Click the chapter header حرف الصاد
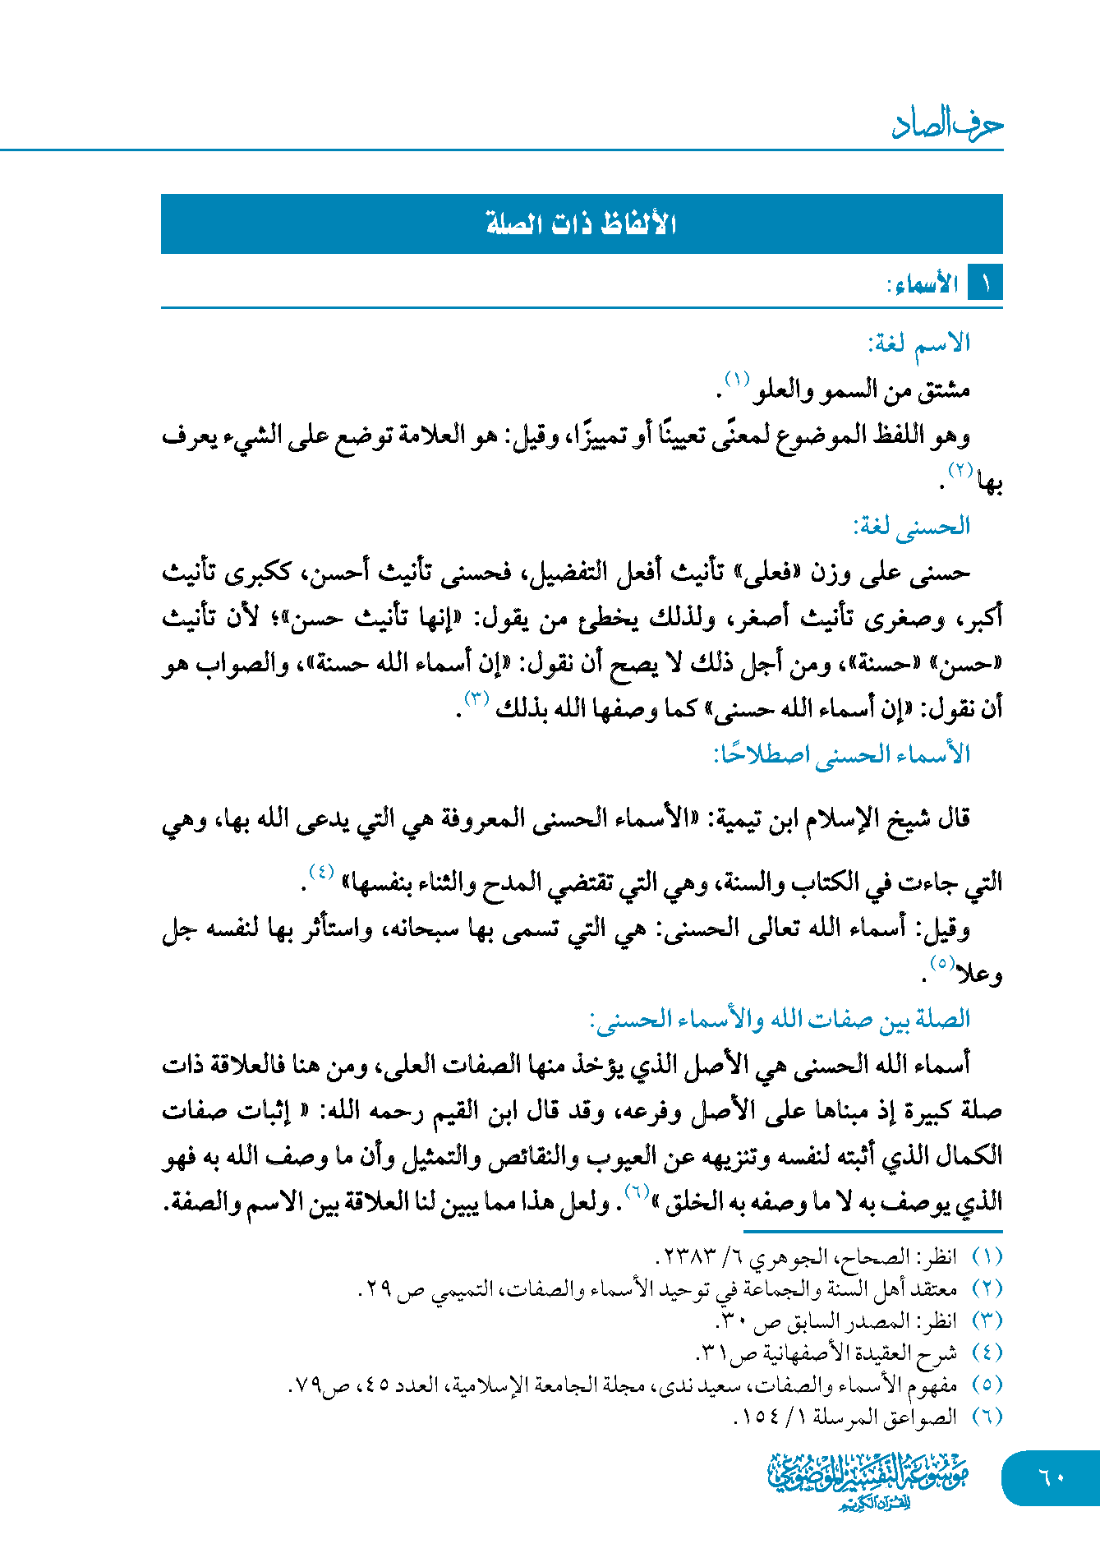click(947, 124)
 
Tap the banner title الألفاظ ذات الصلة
click(582, 224)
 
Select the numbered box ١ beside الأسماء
click(985, 284)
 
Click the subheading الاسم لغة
click(919, 342)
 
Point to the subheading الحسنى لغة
click(912, 526)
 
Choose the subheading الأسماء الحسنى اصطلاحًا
click(842, 753)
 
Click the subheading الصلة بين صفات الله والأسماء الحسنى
click(780, 1019)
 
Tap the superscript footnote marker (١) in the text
click(736, 380)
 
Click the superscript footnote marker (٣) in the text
click(476, 698)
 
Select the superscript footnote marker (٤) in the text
click(321, 871)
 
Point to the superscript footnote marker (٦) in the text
click(637, 1191)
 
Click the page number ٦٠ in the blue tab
click(1052, 1477)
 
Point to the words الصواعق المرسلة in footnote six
click(884, 1417)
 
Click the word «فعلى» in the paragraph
click(766, 572)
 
